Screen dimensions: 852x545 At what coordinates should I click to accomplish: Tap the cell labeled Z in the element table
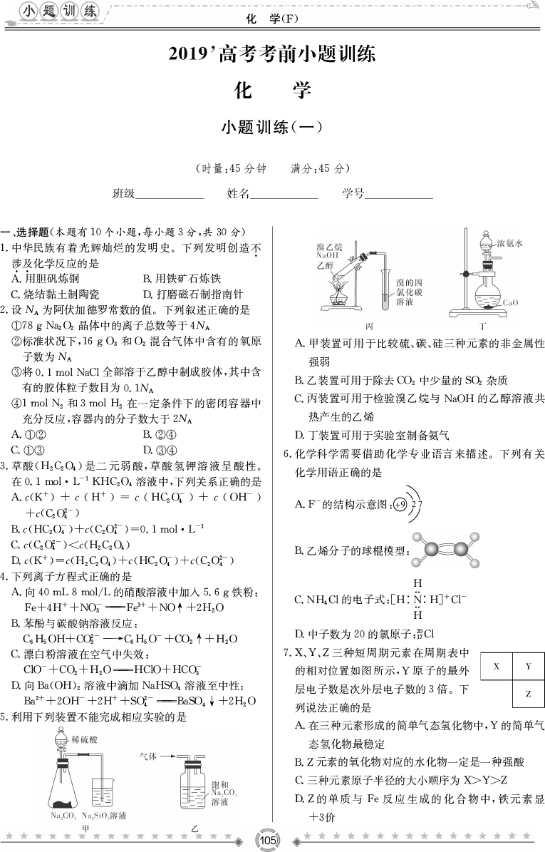click(x=529, y=693)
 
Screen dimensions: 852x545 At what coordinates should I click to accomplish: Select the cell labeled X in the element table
click(x=496, y=667)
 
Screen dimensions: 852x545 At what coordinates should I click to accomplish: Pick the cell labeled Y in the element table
click(x=529, y=667)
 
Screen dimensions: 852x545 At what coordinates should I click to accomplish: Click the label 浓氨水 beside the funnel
click(x=510, y=243)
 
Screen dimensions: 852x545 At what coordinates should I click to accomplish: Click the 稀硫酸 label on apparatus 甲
click(x=85, y=740)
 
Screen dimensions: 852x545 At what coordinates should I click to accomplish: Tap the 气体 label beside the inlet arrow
click(x=149, y=755)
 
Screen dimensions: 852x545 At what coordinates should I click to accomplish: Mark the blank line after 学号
click(x=399, y=194)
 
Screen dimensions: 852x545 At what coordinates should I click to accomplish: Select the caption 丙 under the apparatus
click(x=368, y=324)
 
